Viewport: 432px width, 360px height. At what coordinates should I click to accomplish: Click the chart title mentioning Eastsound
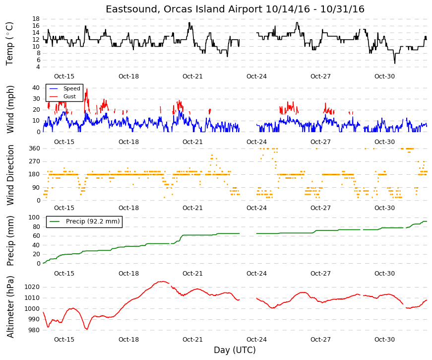click(235, 9)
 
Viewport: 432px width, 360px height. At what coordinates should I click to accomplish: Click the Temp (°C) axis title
click(9, 44)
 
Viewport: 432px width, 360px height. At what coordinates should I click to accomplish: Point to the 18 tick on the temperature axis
click(36, 19)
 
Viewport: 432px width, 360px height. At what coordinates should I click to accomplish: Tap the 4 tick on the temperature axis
click(38, 67)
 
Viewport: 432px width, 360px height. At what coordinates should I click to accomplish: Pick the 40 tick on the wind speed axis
click(36, 88)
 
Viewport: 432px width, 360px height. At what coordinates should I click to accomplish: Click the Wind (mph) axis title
click(10, 110)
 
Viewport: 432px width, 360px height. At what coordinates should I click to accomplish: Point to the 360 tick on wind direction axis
click(34, 148)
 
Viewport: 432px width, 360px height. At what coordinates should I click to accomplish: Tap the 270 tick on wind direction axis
click(34, 161)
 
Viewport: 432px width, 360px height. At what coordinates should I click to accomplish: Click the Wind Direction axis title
click(10, 175)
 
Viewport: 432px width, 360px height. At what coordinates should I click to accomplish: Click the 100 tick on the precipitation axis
click(34, 217)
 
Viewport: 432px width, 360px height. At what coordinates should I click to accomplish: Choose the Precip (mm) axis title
click(10, 241)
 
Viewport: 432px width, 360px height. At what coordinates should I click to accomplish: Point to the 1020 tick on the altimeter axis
click(32, 287)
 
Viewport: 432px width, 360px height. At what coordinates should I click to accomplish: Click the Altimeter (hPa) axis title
click(10, 307)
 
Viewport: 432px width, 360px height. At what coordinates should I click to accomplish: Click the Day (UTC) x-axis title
click(235, 350)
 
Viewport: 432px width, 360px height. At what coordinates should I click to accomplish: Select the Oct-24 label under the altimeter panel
click(256, 340)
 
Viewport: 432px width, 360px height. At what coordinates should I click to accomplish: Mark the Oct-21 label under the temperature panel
click(192, 76)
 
